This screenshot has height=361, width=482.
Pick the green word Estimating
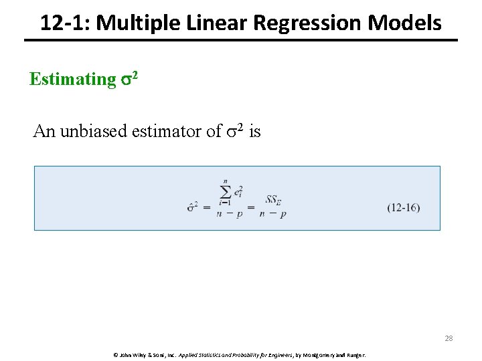pos(72,80)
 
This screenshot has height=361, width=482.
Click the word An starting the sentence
pos(44,132)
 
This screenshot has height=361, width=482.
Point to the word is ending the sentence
pos(255,132)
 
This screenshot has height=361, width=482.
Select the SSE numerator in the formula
pos(273,199)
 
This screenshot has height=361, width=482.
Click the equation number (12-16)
pos(404,207)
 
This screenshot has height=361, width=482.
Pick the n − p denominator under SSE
pos(274,215)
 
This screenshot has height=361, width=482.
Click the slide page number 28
pos(449,338)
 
